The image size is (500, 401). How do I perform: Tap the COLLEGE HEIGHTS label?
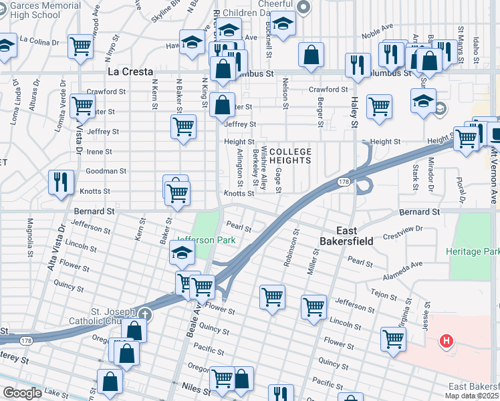pyautogui.click(x=290, y=156)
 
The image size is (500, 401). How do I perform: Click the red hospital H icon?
pyautogui.click(x=447, y=343)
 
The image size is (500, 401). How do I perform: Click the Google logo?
pyautogui.click(x=22, y=393)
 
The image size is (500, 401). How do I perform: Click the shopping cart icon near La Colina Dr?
pyautogui.click(x=80, y=46)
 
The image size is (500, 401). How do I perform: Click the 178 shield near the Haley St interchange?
pyautogui.click(x=344, y=182)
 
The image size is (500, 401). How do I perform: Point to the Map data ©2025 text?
pyautogui.click(x=472, y=396)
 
